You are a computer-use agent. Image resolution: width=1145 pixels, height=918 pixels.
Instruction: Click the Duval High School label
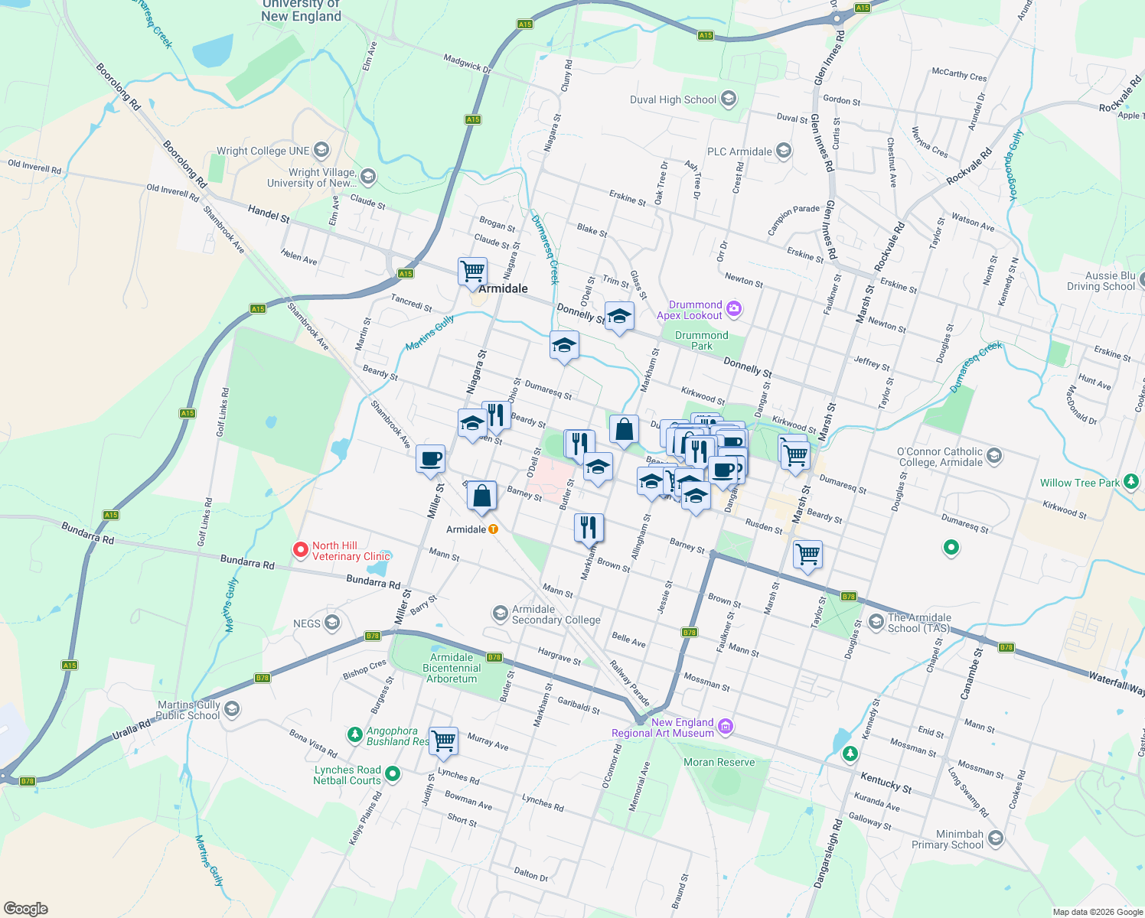(673, 99)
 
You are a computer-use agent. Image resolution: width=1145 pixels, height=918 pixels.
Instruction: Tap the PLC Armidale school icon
(783, 151)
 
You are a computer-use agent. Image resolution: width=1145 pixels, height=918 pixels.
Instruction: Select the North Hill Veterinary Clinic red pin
(302, 550)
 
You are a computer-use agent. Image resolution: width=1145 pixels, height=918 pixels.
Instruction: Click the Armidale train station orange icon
(494, 529)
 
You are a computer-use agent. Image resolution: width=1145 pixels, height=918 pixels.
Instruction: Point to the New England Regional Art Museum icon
(726, 726)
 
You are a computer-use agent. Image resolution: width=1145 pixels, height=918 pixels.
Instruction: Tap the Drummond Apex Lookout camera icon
(734, 309)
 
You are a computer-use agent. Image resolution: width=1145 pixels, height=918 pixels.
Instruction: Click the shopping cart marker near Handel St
(472, 272)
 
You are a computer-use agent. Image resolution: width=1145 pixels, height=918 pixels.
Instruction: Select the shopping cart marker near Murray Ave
(443, 740)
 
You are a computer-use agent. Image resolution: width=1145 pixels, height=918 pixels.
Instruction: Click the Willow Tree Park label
(1079, 483)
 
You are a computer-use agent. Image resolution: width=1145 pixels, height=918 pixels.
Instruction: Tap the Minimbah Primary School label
(948, 839)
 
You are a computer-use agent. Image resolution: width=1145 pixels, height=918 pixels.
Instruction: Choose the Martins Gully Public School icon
(232, 709)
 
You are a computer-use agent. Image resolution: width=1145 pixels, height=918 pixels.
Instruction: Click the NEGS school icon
(331, 623)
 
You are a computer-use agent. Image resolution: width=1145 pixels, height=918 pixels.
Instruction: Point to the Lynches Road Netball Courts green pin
(393, 774)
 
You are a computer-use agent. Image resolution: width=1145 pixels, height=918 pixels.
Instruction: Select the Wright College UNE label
(263, 151)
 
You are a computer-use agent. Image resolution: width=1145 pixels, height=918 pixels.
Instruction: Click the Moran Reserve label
(719, 762)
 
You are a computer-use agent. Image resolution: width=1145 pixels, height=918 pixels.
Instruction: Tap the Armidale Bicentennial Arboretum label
(452, 668)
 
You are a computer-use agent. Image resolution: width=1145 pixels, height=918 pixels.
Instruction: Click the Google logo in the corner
(26, 908)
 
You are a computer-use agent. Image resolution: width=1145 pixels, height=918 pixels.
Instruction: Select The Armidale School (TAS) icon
(876, 622)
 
